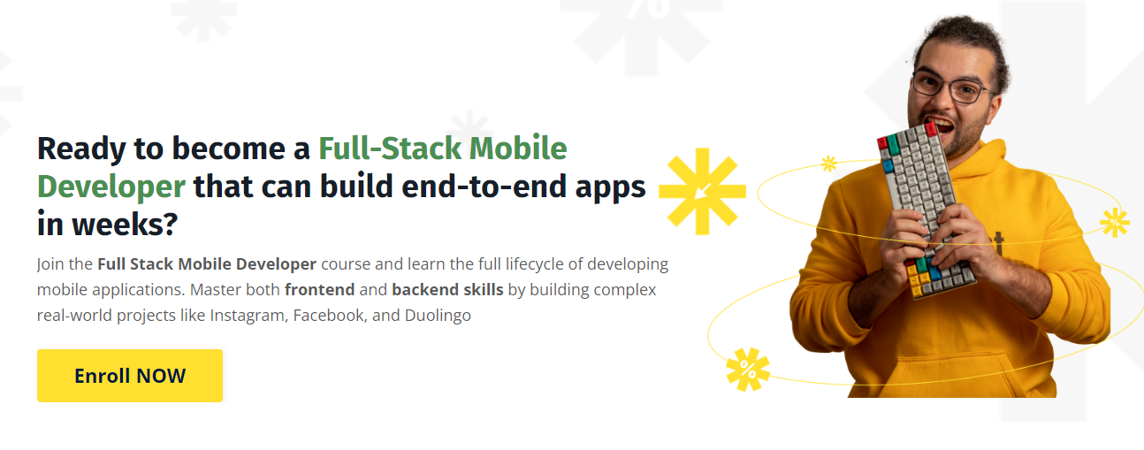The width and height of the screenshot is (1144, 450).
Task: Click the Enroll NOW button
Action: [130, 376]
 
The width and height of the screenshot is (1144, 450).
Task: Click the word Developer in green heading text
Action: [111, 187]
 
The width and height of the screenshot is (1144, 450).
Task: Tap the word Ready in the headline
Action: [81, 149]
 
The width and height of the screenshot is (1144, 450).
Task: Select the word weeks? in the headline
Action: [125, 225]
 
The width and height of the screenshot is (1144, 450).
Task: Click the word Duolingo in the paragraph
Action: [438, 316]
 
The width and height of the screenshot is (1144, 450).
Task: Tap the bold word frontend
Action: [320, 290]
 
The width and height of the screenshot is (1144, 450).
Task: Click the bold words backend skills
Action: [447, 290]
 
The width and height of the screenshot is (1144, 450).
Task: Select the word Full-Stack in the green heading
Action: [390, 149]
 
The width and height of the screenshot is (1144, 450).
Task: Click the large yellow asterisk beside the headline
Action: [702, 192]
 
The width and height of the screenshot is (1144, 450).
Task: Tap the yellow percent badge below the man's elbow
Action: [748, 370]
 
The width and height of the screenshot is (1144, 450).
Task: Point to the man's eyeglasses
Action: [952, 87]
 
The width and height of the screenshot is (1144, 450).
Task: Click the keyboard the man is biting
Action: [925, 210]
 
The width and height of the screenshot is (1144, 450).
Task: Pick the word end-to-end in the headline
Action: [484, 187]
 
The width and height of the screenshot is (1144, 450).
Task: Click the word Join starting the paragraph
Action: [50, 264]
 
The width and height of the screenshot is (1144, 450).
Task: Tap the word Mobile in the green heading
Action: [518, 149]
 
